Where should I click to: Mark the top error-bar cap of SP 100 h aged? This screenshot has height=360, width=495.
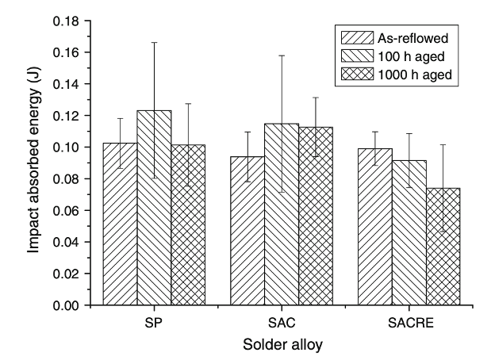(154, 42)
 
